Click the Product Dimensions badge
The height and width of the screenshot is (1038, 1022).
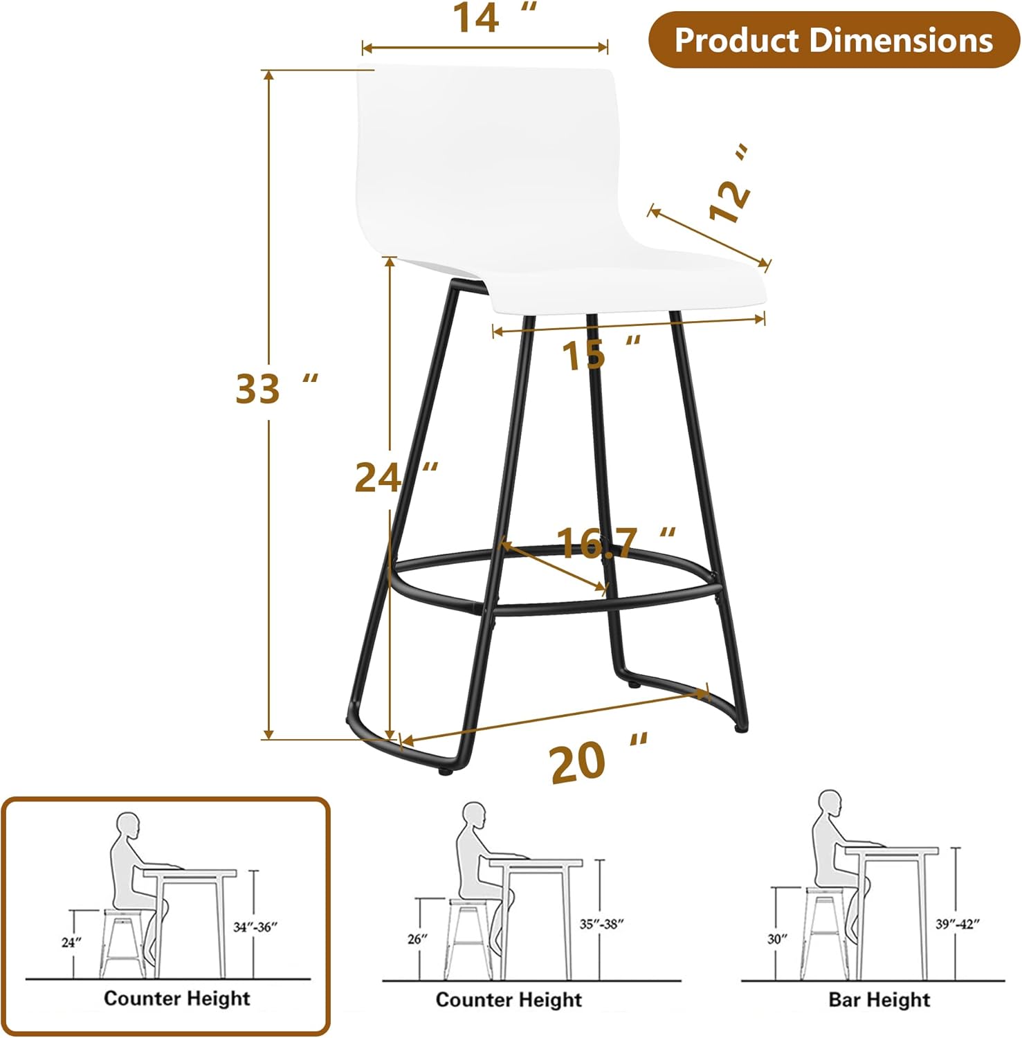(834, 39)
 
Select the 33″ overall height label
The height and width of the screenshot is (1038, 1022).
(277, 388)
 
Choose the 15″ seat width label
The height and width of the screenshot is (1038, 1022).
(601, 354)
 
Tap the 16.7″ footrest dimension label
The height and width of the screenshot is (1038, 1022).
(616, 543)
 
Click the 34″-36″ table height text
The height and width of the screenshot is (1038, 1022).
(255, 927)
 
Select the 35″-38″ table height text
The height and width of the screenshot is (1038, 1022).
(602, 924)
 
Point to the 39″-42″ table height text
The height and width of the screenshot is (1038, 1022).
(958, 924)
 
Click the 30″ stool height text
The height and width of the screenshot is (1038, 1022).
(778, 939)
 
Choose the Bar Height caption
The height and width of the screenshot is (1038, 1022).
(879, 1000)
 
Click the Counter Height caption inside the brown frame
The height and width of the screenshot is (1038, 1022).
(177, 999)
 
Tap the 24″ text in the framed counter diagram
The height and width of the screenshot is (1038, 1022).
(71, 943)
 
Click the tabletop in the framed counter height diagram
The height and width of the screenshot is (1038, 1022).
(190, 873)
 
